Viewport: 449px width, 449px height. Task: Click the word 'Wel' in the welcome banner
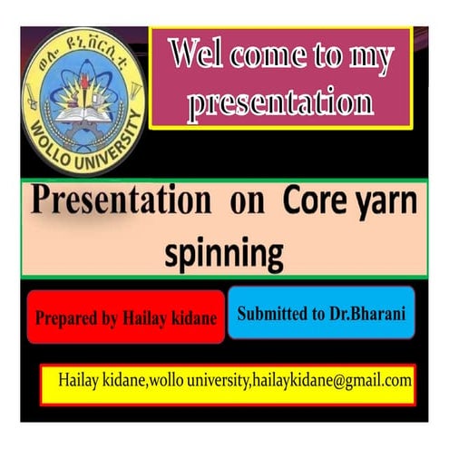pyautogui.click(x=200, y=57)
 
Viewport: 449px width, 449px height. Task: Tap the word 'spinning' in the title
pyautogui.click(x=223, y=254)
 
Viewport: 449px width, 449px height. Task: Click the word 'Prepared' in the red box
pyautogui.click(x=63, y=319)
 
